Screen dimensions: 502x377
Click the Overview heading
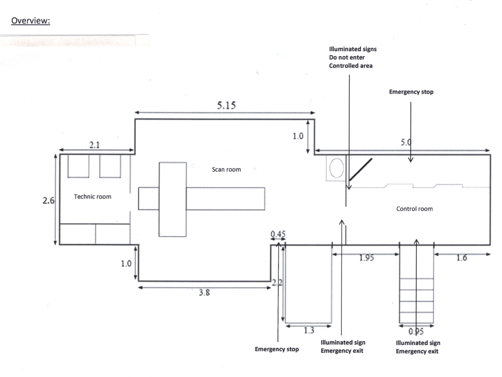tap(31, 21)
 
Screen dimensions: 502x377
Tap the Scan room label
tap(226, 169)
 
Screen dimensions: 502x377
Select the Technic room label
tap(92, 197)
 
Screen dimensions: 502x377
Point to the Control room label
tap(414, 209)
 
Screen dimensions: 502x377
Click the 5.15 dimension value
tap(226, 105)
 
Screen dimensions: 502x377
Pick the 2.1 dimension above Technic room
tap(95, 145)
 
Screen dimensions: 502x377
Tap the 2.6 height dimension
tap(48, 200)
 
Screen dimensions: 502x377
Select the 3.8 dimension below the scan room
tap(204, 292)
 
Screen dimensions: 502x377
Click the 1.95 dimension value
tap(367, 258)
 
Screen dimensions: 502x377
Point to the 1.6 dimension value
tap(462, 258)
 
